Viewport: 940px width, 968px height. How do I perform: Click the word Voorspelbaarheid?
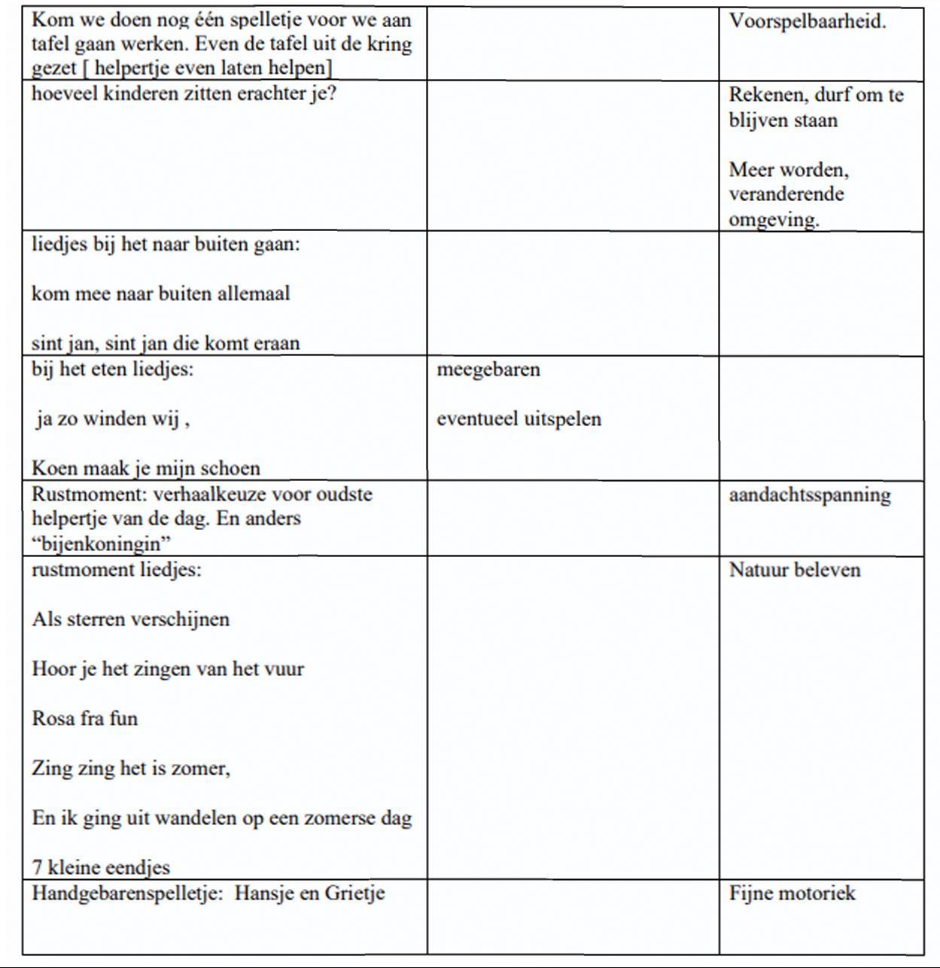click(807, 21)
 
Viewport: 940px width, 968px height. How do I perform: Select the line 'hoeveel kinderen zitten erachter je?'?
click(184, 94)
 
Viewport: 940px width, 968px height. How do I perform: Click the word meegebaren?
click(488, 370)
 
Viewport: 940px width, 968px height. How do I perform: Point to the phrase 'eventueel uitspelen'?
click(519, 419)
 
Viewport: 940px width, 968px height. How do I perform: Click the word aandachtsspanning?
click(810, 495)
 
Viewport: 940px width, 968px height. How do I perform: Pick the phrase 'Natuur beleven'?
click(794, 570)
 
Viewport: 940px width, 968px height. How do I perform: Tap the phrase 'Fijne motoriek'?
click(792, 893)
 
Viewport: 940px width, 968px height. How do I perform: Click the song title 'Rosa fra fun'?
click(85, 718)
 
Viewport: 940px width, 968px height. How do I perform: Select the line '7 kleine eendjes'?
click(101, 867)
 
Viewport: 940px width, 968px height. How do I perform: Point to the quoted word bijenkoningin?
click(101, 543)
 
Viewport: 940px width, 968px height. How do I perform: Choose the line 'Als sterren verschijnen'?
click(131, 619)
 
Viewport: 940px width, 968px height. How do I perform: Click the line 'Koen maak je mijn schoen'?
click(146, 468)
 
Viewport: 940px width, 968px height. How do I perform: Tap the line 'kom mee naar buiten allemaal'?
click(160, 294)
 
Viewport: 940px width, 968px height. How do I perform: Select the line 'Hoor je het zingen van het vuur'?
click(168, 668)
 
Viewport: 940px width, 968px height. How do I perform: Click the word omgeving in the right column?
click(773, 220)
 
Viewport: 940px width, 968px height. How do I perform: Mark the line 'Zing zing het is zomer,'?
click(131, 769)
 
